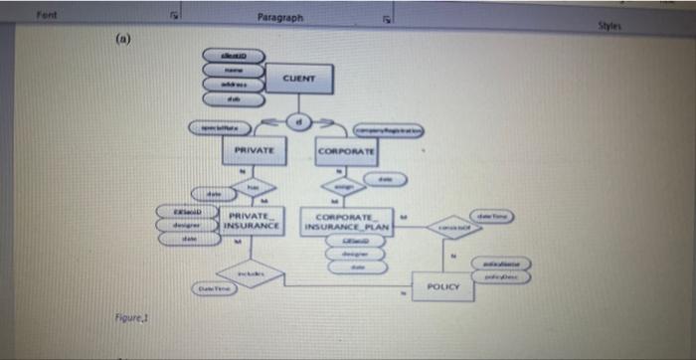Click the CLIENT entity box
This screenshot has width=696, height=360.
click(298, 78)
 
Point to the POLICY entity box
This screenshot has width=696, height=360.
click(442, 285)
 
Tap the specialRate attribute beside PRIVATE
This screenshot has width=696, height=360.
click(216, 129)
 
